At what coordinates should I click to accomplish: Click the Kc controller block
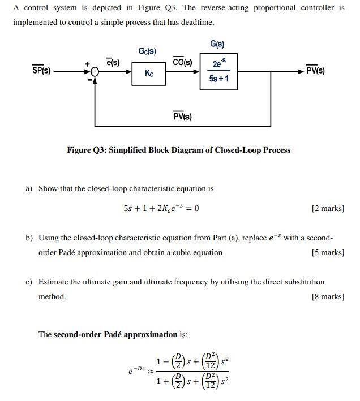coord(148,74)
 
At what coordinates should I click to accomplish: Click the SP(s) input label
coord(41,71)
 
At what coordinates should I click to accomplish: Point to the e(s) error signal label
coord(113,62)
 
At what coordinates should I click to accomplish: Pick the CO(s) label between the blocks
coord(182,62)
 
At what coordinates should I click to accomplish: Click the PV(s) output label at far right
coord(315,71)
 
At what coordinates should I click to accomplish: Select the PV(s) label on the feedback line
coord(182,117)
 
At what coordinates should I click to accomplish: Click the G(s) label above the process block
coord(217,44)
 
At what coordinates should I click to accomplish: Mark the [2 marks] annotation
coord(328,208)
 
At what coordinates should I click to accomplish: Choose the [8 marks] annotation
coord(328,296)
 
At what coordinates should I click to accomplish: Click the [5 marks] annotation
coord(328,252)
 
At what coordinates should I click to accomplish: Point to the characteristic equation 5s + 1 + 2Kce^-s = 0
coord(161,208)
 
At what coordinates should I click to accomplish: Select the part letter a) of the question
coord(29,188)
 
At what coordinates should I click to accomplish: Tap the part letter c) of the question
coord(29,282)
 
